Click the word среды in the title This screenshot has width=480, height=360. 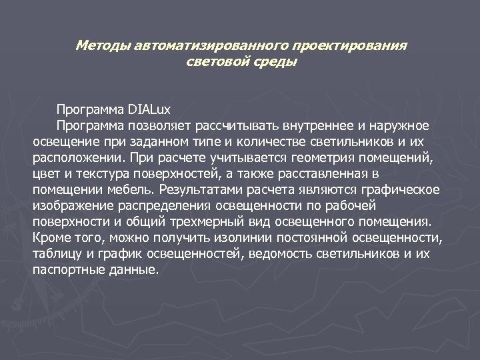[273, 63]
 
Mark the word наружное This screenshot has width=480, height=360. [395, 126]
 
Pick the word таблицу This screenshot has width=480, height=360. [57, 254]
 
